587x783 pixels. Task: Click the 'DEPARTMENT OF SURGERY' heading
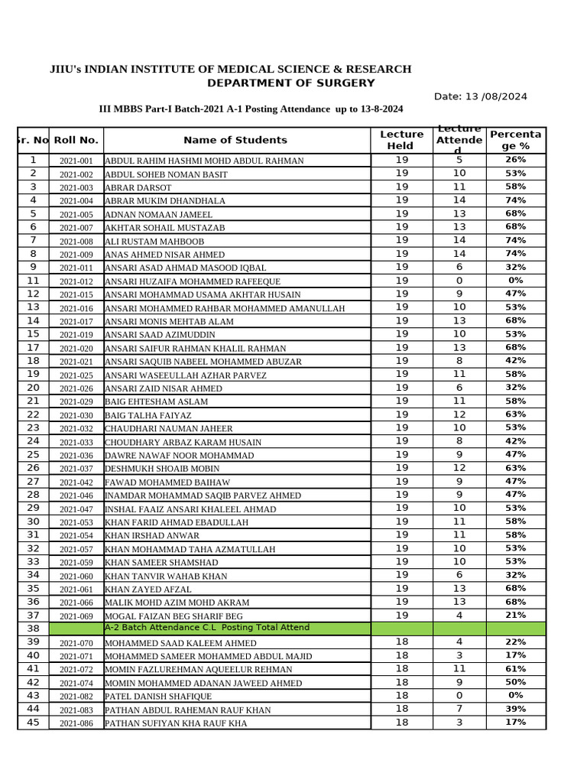coord(290,83)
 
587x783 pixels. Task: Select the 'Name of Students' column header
coord(235,140)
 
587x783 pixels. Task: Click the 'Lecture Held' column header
coord(401,140)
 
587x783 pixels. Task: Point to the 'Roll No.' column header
coord(76,140)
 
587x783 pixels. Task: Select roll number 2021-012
coord(76,281)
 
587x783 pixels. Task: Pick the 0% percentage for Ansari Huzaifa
coord(515,281)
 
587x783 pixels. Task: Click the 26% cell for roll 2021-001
coord(515,160)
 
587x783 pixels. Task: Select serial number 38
coord(33,629)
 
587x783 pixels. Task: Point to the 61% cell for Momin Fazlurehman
coord(515,668)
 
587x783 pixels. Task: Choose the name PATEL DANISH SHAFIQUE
coord(158,697)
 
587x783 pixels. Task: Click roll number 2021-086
coord(76,723)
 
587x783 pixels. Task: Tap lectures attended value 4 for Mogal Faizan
coord(459,615)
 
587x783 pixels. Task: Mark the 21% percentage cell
coord(515,615)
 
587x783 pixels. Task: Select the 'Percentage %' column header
coord(515,140)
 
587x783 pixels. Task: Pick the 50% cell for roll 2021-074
coord(515,682)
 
